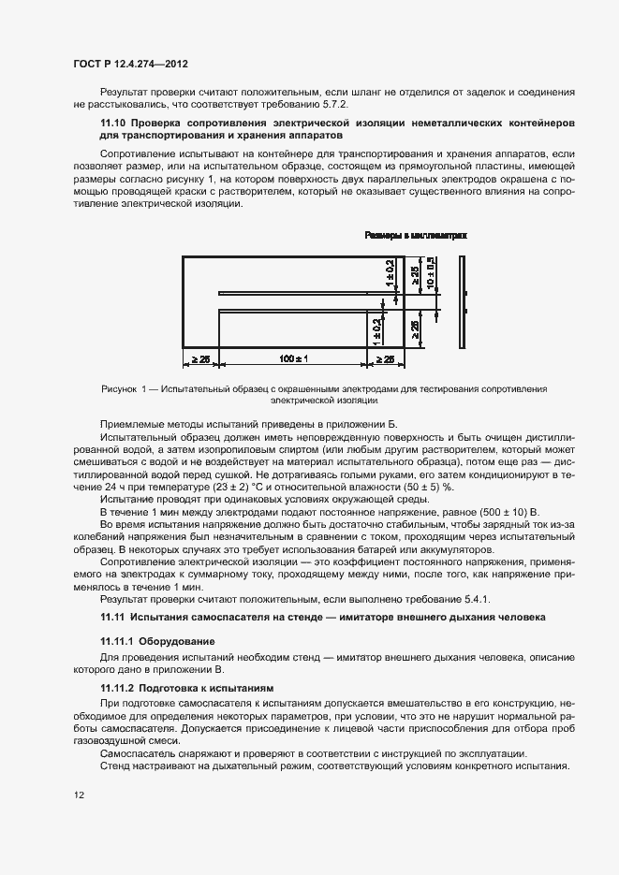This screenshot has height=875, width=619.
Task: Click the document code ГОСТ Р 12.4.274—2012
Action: [131, 64]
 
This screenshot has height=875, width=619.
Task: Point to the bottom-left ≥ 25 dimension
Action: [200, 358]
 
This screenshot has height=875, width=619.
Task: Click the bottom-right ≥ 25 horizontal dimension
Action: [384, 358]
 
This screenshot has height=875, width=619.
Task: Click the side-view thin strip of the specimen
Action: [462, 300]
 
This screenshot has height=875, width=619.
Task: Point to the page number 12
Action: [79, 795]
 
